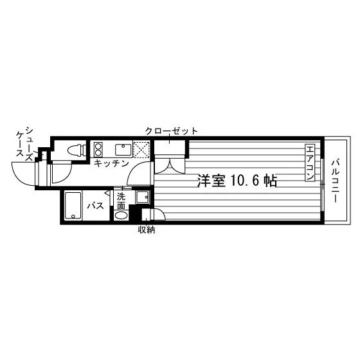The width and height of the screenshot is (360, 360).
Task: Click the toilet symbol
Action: click(76, 150)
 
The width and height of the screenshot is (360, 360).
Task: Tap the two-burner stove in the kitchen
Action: click(98, 149)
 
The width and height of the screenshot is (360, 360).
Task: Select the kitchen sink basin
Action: click(123, 149)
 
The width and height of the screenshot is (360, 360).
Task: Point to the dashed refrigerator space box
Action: click(141, 150)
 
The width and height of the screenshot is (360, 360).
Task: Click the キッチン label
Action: click(111, 163)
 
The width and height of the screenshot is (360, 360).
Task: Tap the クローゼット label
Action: click(171, 131)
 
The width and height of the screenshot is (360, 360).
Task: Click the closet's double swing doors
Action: click(170, 165)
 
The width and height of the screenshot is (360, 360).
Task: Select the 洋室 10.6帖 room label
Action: click(237, 181)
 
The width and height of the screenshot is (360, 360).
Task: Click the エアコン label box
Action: click(309, 163)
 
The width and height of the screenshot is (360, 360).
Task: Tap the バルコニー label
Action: click(335, 181)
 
